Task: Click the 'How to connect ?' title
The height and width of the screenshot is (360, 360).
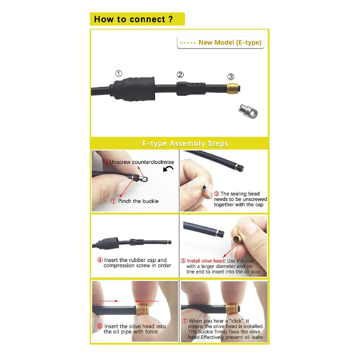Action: click(x=133, y=19)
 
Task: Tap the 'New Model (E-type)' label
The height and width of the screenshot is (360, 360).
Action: click(x=230, y=43)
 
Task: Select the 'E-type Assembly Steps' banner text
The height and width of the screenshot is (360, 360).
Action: click(x=185, y=143)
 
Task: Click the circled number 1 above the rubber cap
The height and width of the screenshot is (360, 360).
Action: click(x=118, y=73)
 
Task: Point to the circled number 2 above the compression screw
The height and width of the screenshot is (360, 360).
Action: click(x=180, y=75)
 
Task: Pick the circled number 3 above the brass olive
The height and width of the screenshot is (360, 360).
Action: click(x=231, y=76)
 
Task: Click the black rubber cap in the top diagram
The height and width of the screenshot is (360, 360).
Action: click(x=133, y=89)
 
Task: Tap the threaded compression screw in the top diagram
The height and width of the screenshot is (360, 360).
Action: click(x=191, y=89)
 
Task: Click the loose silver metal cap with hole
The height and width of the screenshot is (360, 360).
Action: click(x=248, y=111)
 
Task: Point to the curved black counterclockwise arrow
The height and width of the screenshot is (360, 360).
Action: click(x=168, y=169)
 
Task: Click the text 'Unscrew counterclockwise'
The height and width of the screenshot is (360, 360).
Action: click(x=142, y=162)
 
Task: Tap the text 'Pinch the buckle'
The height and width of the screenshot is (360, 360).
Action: click(x=138, y=201)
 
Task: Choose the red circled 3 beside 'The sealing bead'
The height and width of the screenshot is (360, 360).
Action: click(x=217, y=194)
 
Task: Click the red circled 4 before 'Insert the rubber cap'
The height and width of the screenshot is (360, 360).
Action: click(x=99, y=260)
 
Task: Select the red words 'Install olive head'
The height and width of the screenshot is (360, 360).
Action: click(x=205, y=261)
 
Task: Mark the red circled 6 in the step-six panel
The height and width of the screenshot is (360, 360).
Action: click(x=100, y=326)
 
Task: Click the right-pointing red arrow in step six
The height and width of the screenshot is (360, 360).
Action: click(x=109, y=301)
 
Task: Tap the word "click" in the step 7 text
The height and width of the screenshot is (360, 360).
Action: click(x=237, y=321)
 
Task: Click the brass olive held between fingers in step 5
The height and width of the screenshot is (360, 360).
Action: click(x=237, y=239)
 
